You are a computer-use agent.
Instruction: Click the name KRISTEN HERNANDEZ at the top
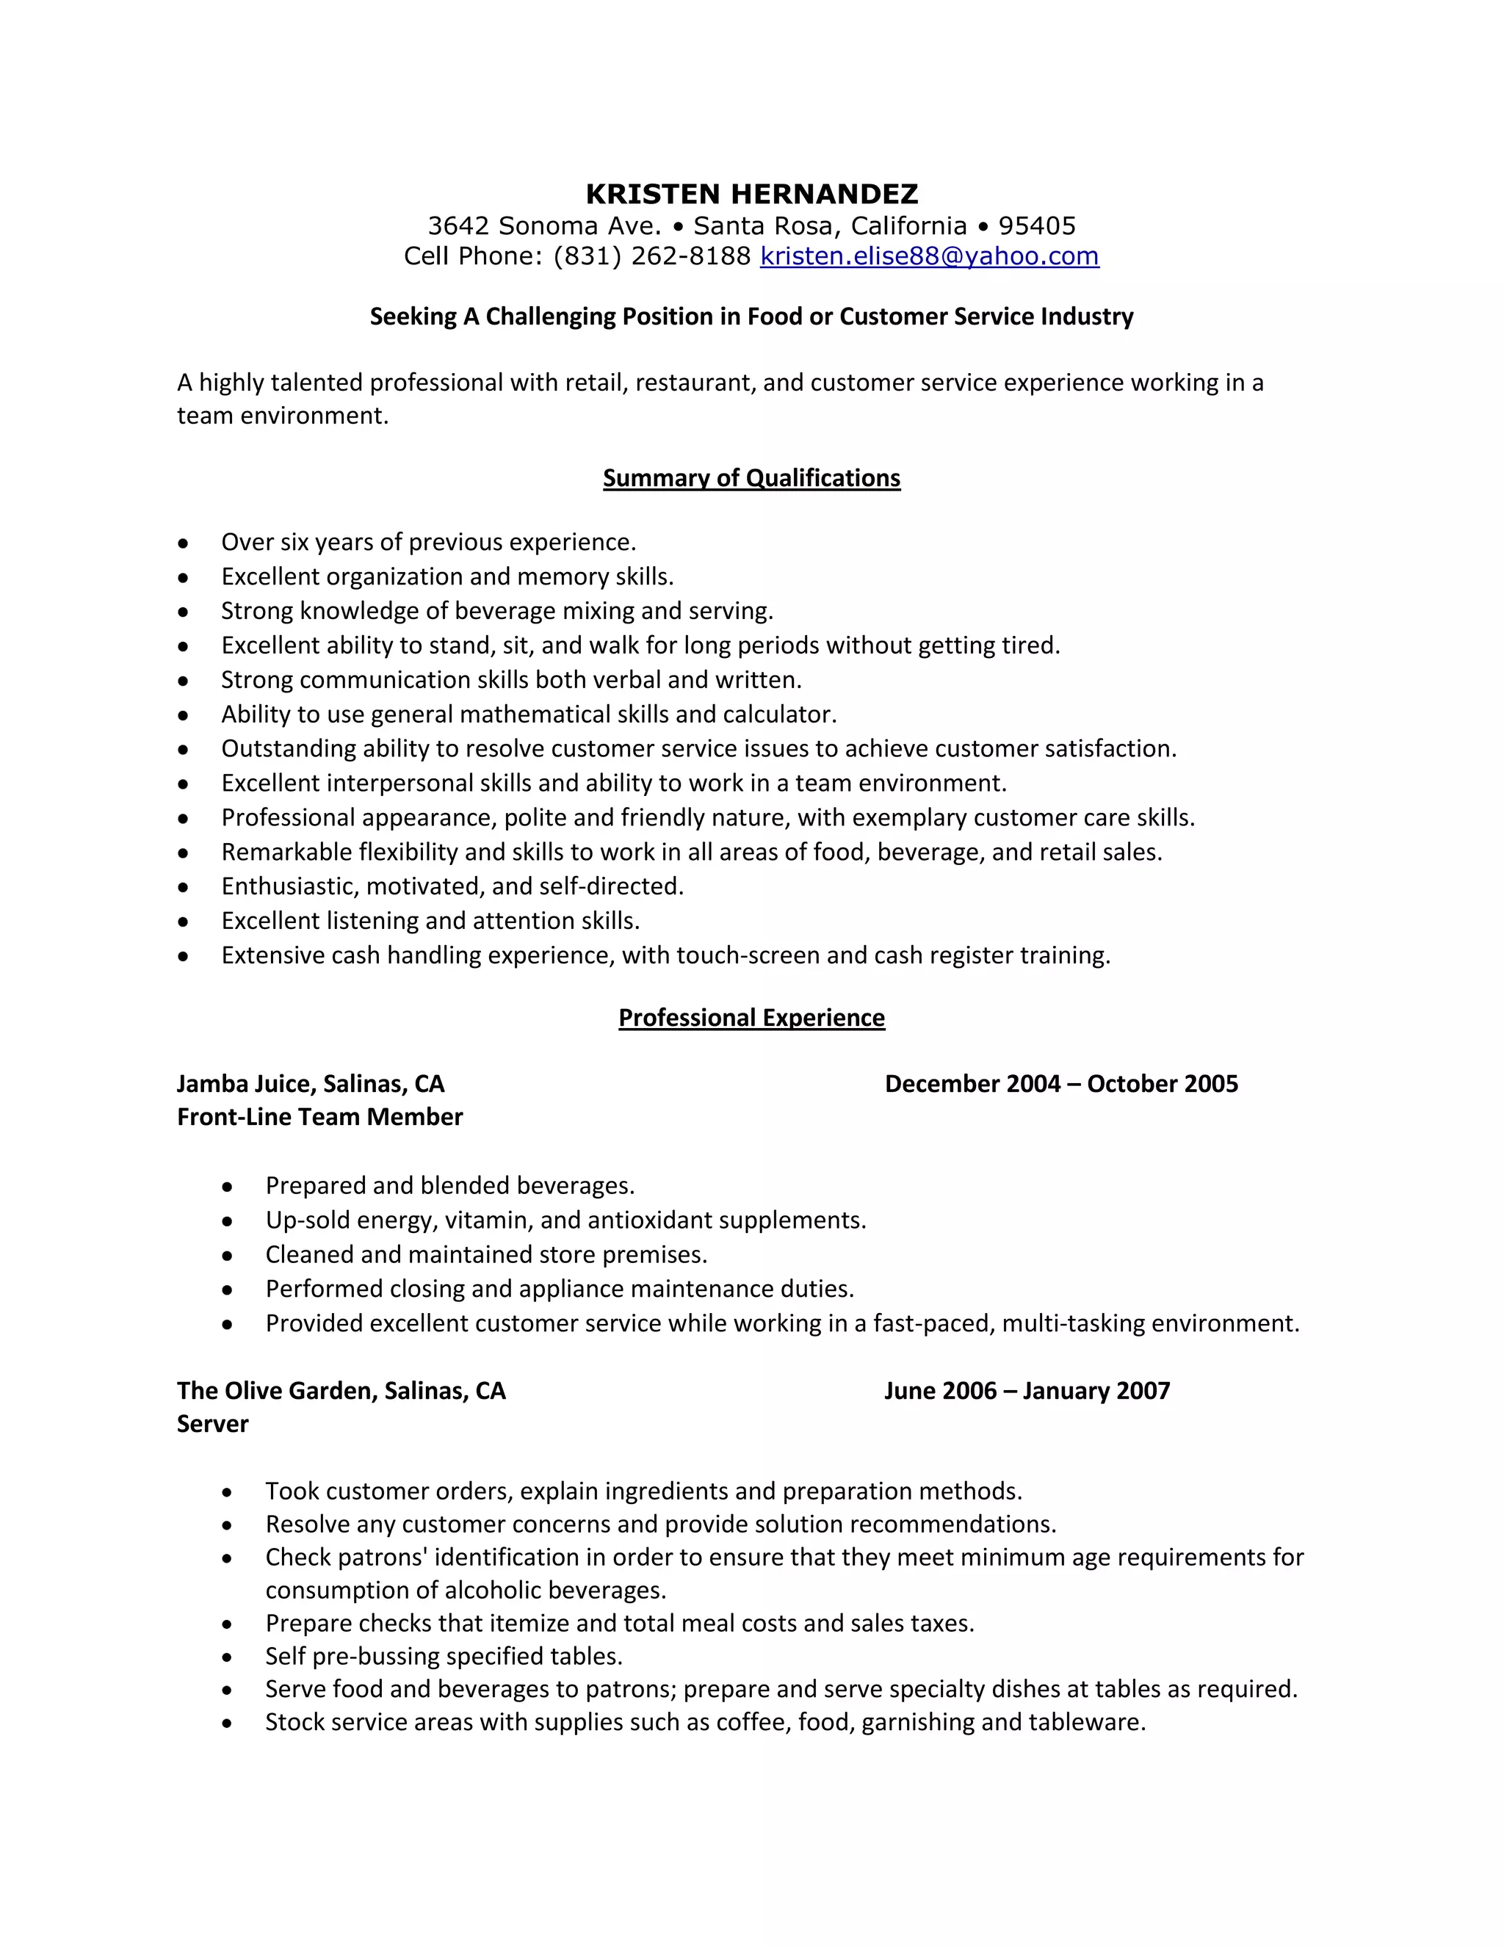751,193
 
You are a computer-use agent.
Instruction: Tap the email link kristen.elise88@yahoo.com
928,256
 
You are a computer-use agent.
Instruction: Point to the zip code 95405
1036,225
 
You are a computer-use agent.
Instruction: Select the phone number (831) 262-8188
652,256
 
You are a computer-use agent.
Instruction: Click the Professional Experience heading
751,1018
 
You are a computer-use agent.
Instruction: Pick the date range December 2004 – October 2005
1060,1083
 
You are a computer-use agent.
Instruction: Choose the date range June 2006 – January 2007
1027,1390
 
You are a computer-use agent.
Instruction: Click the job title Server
212,1423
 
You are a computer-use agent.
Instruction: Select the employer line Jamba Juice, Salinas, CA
310,1083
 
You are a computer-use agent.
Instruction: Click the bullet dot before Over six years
183,543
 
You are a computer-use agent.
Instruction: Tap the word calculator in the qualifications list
778,714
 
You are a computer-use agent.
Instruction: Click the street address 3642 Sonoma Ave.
543,225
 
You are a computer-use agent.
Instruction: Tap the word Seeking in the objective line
413,317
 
